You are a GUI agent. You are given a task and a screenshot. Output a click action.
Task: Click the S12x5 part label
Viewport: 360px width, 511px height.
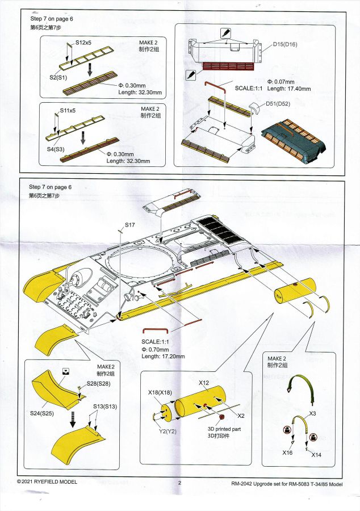tap(83, 43)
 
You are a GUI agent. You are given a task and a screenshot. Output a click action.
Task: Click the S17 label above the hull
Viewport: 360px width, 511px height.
tap(129, 225)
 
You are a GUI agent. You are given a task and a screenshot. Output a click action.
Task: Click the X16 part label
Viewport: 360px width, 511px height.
tap(287, 453)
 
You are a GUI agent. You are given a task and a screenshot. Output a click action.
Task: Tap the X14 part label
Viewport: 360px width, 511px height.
tap(316, 455)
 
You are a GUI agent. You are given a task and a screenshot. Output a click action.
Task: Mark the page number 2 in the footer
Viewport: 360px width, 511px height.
tap(179, 483)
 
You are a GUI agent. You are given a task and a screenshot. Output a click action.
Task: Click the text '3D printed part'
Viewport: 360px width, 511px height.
tap(224, 429)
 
